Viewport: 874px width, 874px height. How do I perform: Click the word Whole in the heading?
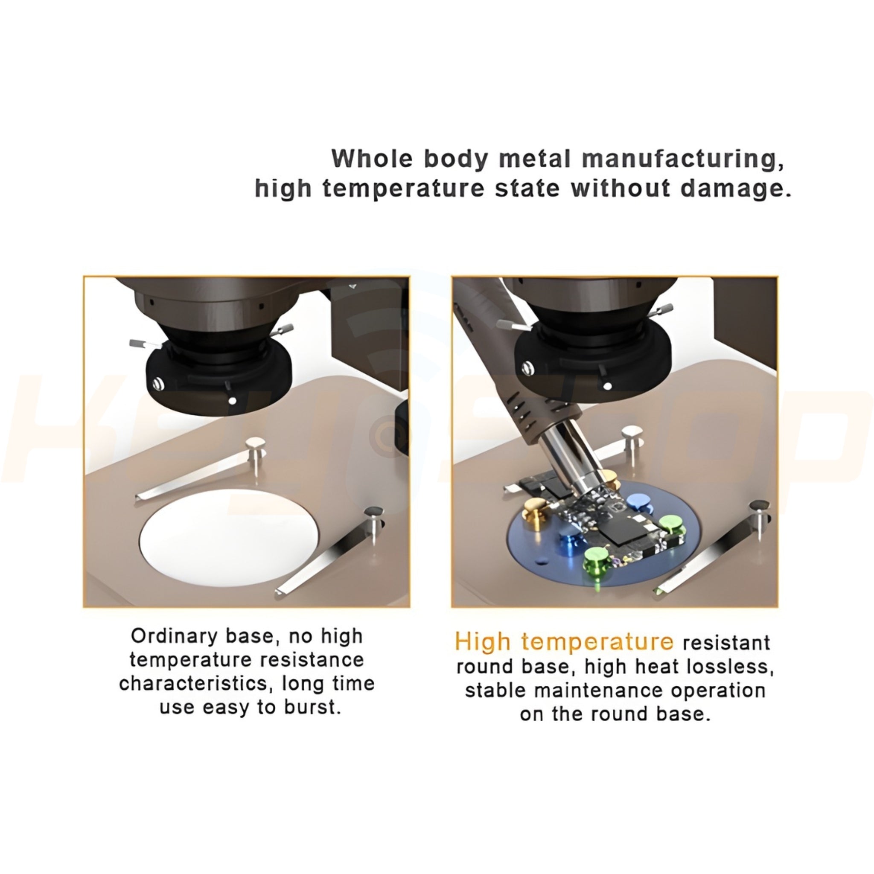tap(372, 159)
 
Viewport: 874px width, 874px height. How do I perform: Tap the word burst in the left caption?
tap(312, 707)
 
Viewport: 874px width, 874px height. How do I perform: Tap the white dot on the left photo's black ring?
tap(233, 401)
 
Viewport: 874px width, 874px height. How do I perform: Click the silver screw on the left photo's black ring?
tap(158, 384)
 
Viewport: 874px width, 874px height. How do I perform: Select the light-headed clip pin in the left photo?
tap(256, 454)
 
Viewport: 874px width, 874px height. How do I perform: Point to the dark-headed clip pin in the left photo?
tap(375, 525)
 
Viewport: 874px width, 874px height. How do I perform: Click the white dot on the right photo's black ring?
tap(608, 386)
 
